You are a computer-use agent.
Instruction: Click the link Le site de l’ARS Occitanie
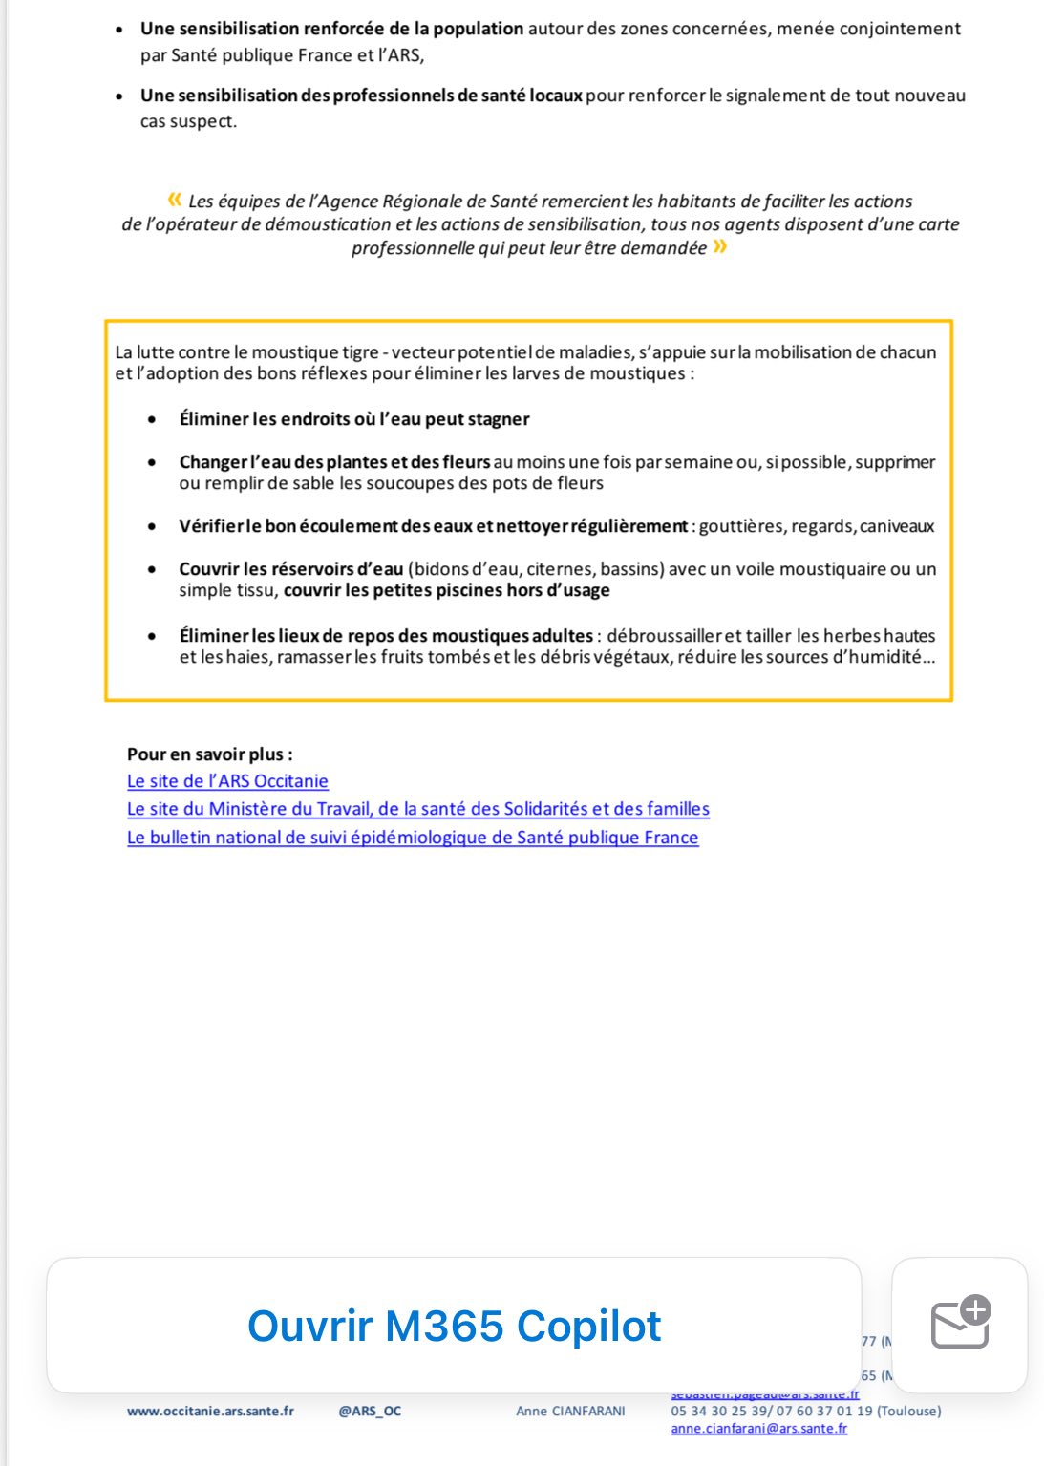(227, 781)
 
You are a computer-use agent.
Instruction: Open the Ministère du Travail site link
(417, 809)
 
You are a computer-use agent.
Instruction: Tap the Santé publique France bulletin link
(412, 838)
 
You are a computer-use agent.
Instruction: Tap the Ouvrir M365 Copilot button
(454, 1326)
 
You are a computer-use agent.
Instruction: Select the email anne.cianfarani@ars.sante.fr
(758, 1429)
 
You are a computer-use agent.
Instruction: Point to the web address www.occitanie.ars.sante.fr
(210, 1411)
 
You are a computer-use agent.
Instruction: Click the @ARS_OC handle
(370, 1411)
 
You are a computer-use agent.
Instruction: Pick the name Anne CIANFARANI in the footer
(570, 1411)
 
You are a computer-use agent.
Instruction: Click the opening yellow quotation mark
(174, 200)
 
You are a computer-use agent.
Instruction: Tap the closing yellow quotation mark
(719, 247)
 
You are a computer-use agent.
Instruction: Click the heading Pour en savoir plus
(209, 754)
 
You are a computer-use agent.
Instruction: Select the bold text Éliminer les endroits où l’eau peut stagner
(353, 419)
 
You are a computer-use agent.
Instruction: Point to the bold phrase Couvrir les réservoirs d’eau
(290, 569)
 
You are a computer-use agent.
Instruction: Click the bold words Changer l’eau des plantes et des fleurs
(334, 462)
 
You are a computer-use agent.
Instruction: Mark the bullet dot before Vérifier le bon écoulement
(152, 526)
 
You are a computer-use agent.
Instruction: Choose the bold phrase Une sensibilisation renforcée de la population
(331, 29)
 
